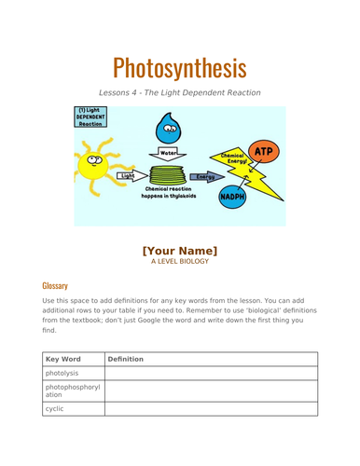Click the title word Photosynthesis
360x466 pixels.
click(x=179, y=68)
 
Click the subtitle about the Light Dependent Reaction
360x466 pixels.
click(x=179, y=93)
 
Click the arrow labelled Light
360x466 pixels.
click(x=129, y=175)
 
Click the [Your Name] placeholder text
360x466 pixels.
click(x=179, y=250)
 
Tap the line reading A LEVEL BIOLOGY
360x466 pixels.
click(x=179, y=262)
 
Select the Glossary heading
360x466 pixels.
click(x=55, y=285)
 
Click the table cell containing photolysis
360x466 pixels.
click(x=72, y=374)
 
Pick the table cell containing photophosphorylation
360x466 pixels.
click(x=72, y=391)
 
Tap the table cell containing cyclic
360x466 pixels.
click(x=72, y=409)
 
